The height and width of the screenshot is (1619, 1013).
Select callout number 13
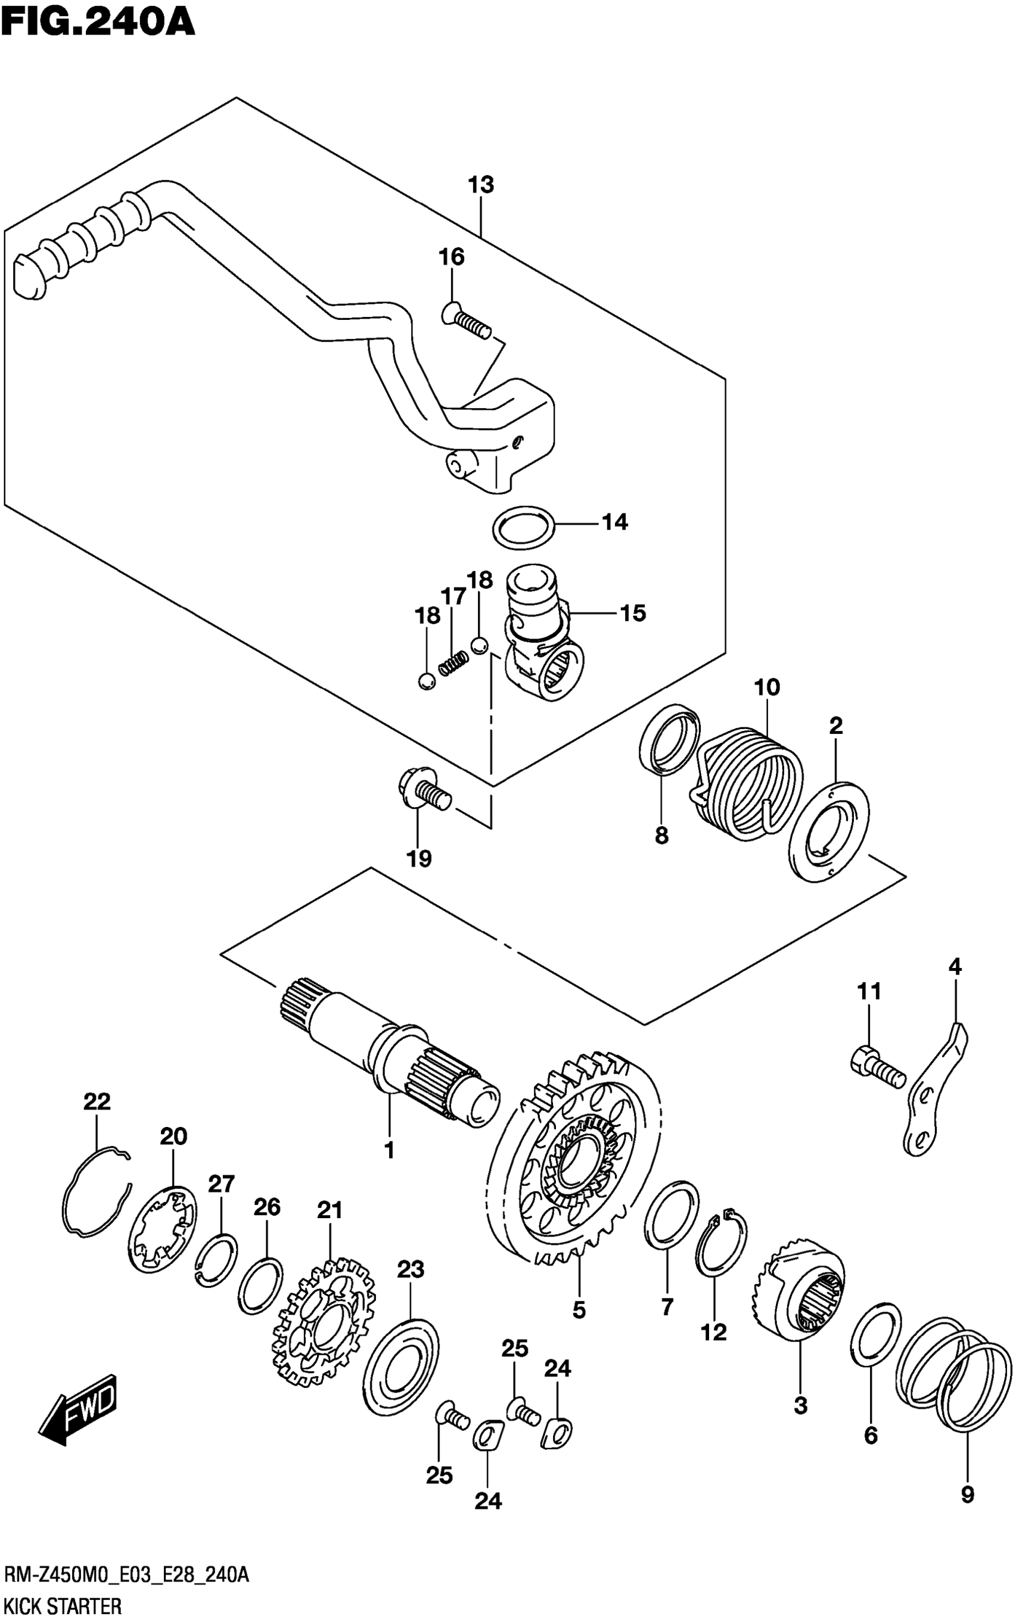(481, 185)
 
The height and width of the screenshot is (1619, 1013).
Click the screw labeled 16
(465, 323)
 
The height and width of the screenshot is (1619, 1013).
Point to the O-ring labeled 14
(524, 527)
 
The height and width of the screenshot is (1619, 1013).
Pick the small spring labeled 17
(453, 664)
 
